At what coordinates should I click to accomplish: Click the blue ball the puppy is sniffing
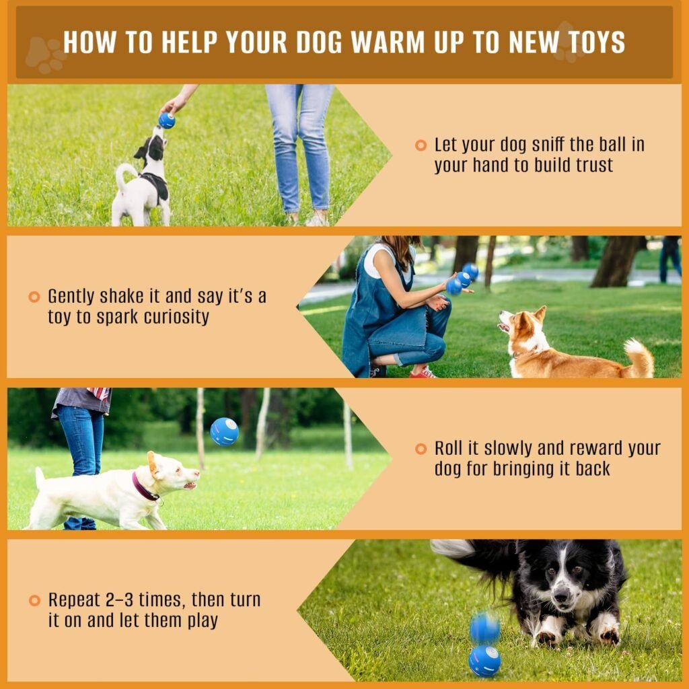[166, 120]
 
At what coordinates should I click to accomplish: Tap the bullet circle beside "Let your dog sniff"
[421, 145]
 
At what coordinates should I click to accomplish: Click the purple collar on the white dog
[145, 486]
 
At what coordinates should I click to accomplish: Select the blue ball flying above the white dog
[224, 431]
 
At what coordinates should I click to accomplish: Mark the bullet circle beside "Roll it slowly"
[421, 449]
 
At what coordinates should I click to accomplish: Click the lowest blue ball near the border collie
[484, 660]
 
